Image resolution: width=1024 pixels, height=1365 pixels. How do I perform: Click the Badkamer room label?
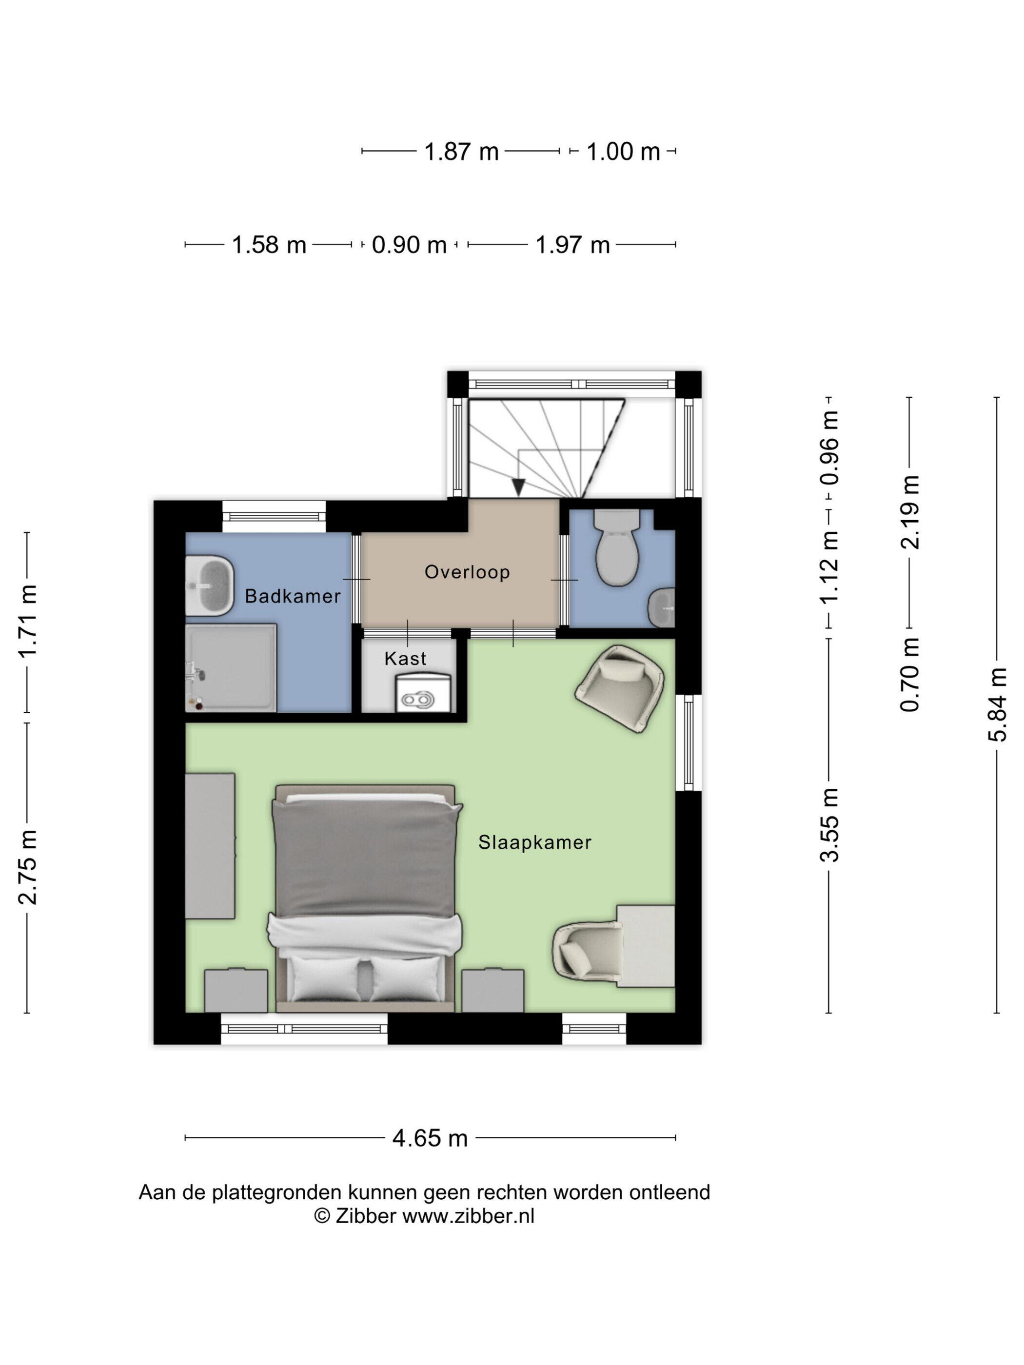293,596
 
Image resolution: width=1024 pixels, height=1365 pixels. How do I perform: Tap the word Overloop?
467,572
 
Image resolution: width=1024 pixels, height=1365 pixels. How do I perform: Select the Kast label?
405,659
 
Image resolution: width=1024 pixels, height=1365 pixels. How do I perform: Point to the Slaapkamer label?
534,842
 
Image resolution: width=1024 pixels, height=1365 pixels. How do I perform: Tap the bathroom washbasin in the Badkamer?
210,586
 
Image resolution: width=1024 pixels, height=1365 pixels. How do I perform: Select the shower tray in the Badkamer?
231,668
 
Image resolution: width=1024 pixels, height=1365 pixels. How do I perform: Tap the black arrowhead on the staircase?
518,487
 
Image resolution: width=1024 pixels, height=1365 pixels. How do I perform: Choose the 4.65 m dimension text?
430,1138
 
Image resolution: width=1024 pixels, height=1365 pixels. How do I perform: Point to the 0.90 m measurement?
409,245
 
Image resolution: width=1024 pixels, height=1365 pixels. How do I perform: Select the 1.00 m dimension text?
623,151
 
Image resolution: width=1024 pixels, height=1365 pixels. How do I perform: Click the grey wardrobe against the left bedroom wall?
210,846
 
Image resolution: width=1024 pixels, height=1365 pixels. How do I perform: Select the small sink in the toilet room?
662,607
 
